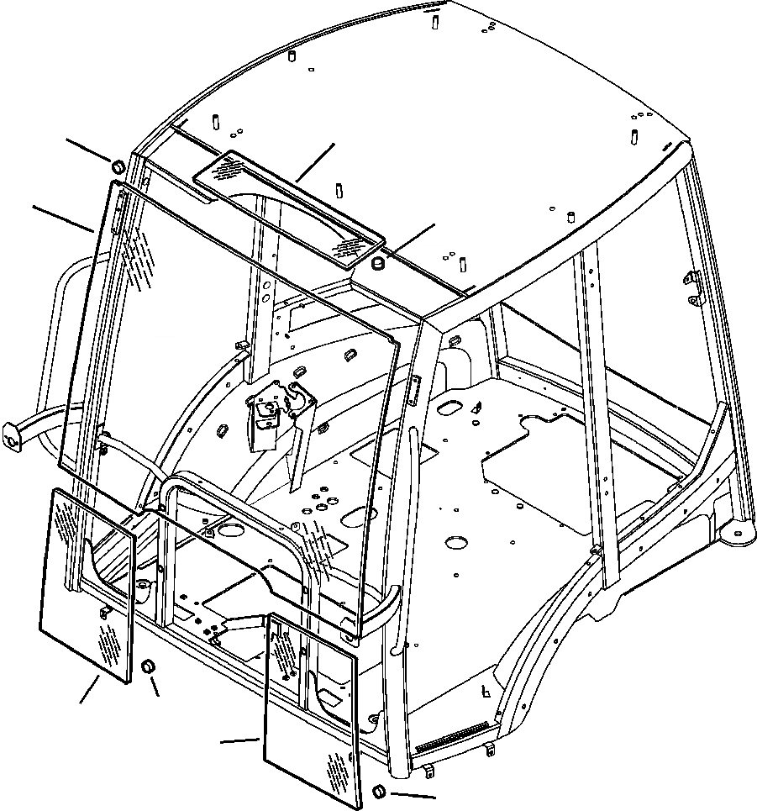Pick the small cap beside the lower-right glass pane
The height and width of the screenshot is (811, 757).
(378, 791)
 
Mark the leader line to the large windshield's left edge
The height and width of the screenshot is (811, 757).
(63, 217)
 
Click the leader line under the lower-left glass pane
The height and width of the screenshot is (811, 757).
(88, 691)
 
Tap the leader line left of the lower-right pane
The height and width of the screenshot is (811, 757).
(239, 740)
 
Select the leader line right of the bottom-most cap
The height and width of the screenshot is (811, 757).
(412, 794)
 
